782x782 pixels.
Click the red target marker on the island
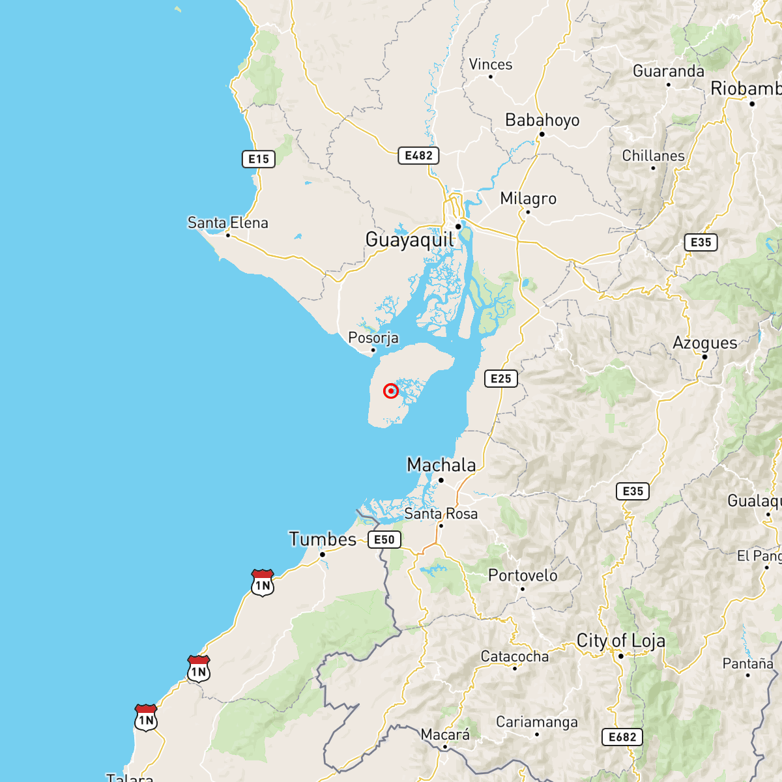[390, 391]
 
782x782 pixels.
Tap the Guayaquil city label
[409, 240]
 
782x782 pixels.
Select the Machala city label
[441, 465]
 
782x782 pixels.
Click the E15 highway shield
[259, 159]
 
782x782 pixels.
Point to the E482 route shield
[418, 156]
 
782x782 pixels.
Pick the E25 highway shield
[500, 379]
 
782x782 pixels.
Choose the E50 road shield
[384, 540]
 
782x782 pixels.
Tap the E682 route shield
[622, 737]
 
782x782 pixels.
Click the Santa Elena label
[227, 223]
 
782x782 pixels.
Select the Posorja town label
[373, 338]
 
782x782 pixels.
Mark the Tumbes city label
[323, 540]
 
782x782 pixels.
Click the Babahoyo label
[542, 121]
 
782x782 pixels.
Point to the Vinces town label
[491, 65]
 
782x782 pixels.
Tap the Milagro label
[529, 199]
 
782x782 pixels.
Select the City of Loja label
[621, 641]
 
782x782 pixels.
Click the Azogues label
[705, 343]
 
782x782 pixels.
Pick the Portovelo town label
[523, 575]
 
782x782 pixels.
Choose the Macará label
[445, 735]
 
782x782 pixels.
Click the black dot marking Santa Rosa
[441, 525]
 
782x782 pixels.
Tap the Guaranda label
[669, 71]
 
